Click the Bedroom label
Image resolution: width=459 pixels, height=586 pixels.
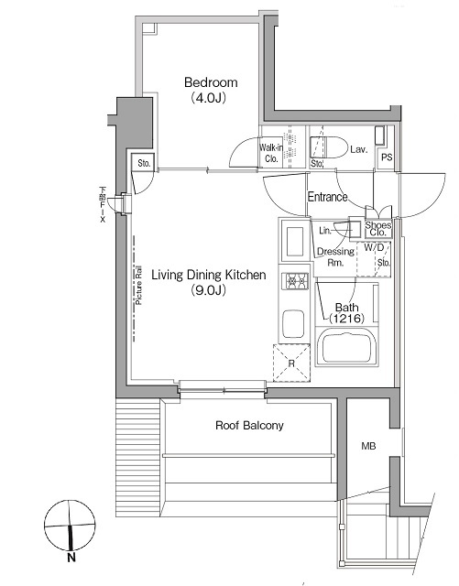tap(208, 80)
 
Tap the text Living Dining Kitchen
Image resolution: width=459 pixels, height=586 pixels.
tap(208, 275)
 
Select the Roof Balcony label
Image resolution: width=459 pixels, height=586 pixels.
tap(249, 425)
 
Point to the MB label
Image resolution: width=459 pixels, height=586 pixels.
tap(368, 447)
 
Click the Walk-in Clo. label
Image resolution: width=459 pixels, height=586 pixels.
tap(272, 152)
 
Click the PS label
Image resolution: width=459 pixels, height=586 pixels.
tap(386, 157)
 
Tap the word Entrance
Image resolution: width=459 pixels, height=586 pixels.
tap(327, 197)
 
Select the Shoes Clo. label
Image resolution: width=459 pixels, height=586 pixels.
tap(378, 229)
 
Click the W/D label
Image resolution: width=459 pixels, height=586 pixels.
tap(375, 248)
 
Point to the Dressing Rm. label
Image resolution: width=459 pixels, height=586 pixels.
tap(334, 256)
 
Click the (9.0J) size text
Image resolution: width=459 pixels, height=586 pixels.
tap(208, 290)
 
